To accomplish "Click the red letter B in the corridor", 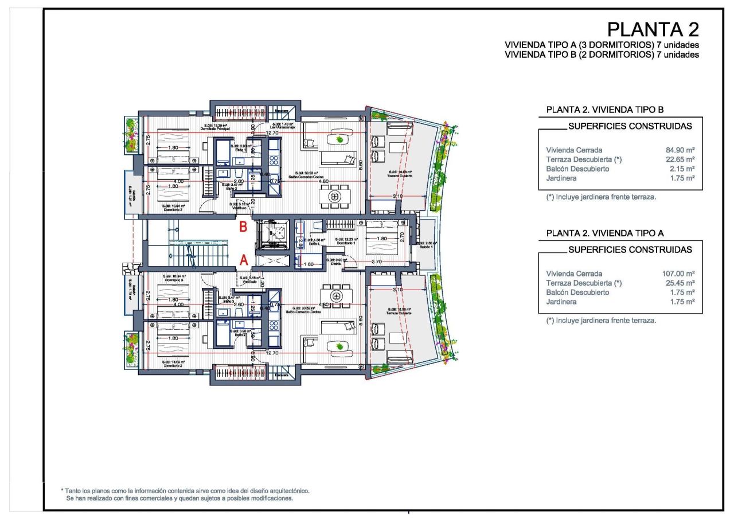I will pos(243,227).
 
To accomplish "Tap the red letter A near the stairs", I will pos(243,260).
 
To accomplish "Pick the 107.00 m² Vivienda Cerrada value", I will pos(678,274).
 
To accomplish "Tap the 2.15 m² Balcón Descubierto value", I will pos(682,169).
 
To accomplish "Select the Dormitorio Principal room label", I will pos(217,129).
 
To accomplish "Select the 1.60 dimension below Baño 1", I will pos(307,265).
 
